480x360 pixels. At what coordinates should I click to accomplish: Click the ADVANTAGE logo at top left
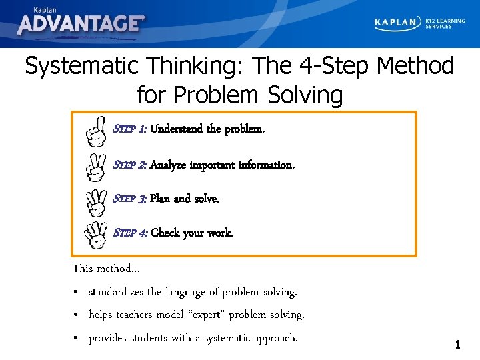coord(81,23)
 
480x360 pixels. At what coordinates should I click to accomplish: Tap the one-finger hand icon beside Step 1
coord(97,131)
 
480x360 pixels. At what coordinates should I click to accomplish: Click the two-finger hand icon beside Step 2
coord(97,166)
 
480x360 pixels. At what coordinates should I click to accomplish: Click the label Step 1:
coord(131,129)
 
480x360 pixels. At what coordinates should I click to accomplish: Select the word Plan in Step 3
coord(160,199)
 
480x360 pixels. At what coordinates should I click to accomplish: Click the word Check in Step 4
coord(165,233)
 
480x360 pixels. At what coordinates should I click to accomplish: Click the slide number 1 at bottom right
coord(457,345)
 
